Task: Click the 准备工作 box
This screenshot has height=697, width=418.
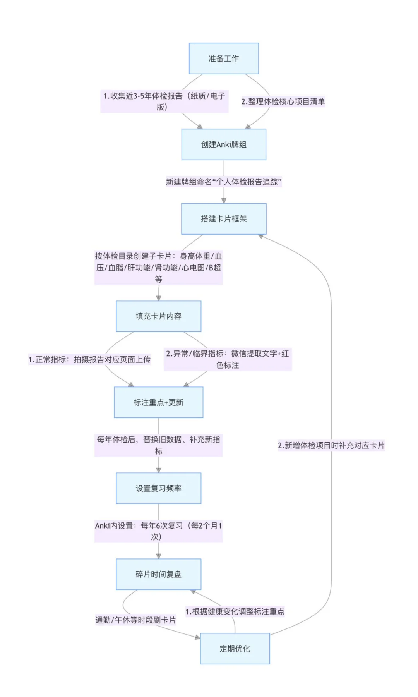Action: point(224,58)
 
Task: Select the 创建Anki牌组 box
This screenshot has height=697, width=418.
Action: point(224,144)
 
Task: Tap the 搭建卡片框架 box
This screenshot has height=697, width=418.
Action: point(224,219)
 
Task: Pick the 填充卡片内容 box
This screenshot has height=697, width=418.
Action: point(158,316)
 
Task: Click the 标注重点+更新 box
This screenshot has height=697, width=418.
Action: point(158,402)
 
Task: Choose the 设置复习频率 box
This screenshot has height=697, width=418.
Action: point(158,488)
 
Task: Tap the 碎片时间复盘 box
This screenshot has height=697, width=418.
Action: point(158,574)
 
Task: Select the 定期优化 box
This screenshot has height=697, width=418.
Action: point(235,649)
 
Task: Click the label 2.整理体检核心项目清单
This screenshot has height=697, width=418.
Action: point(283,101)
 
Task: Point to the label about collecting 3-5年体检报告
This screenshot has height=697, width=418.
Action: point(164,101)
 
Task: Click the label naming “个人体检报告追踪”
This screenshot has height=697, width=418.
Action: point(224,182)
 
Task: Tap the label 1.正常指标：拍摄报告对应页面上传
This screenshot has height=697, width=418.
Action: point(89,359)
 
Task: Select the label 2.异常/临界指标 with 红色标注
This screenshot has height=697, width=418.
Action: point(228,359)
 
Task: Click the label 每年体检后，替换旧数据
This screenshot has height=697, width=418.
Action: point(158,445)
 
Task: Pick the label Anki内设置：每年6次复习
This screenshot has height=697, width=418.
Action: point(158,531)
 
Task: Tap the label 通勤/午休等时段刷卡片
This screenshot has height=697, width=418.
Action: point(135,620)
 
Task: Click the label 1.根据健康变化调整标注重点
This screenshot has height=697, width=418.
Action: point(235,611)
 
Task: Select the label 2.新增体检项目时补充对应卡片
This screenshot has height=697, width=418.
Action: point(331,445)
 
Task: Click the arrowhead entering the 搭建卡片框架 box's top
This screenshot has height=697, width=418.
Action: point(224,201)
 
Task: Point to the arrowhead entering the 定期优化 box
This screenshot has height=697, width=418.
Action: point(197,637)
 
